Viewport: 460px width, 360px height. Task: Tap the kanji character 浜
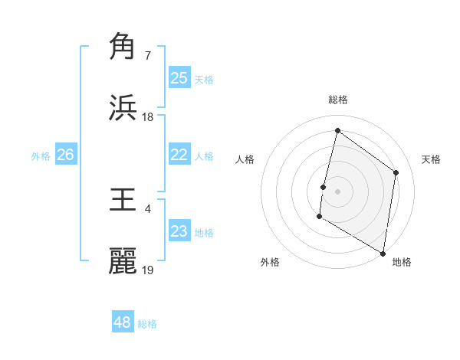click(x=123, y=108)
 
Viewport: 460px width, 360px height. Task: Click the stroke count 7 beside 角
click(x=147, y=55)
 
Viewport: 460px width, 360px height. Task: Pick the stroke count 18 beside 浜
click(x=148, y=117)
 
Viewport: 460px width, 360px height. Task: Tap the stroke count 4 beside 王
click(x=147, y=208)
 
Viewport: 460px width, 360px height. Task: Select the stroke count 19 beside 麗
click(x=148, y=270)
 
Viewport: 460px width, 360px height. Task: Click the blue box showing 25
click(x=179, y=78)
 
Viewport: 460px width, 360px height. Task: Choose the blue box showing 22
click(x=179, y=155)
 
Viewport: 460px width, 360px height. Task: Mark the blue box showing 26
click(x=65, y=155)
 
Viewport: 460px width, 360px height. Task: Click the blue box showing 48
click(x=122, y=322)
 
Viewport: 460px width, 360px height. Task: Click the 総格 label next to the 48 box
click(x=147, y=324)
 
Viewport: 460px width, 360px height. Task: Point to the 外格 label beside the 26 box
click(x=41, y=156)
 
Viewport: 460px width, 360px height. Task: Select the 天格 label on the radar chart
click(x=432, y=159)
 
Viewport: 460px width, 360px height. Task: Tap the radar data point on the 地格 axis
click(x=383, y=253)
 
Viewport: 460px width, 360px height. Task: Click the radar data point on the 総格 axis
click(x=337, y=131)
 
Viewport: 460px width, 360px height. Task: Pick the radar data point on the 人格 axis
click(x=324, y=187)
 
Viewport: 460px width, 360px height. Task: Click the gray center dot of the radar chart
click(x=337, y=191)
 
